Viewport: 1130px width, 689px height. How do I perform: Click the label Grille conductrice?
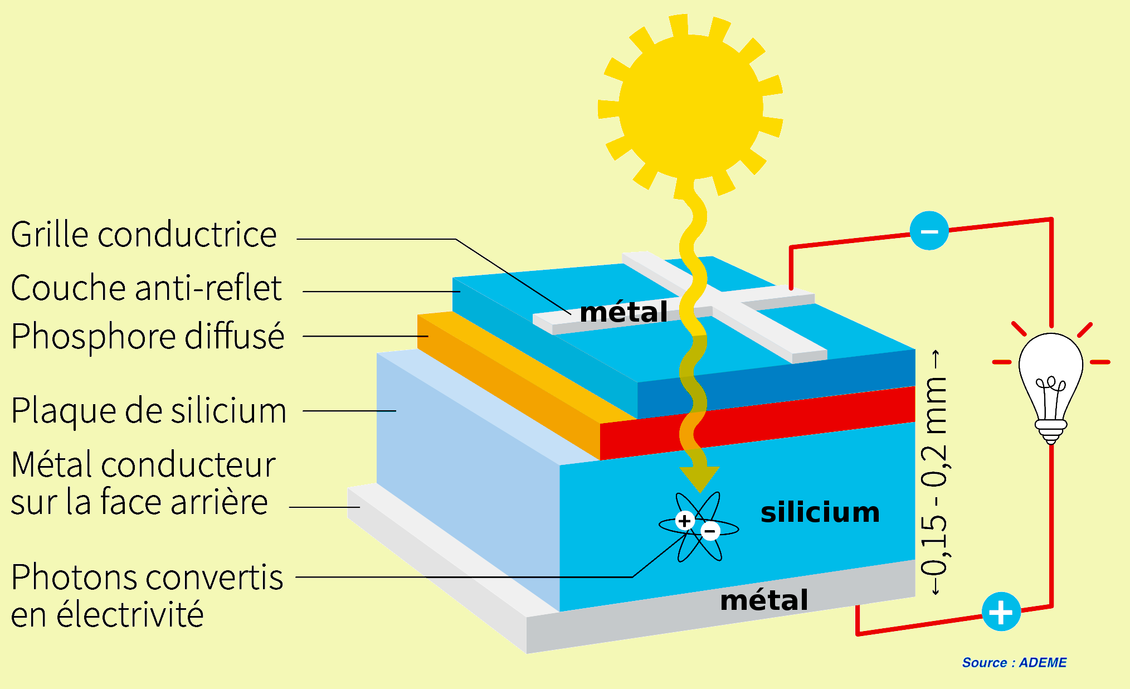144,235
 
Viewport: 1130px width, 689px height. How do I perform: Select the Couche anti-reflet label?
146,288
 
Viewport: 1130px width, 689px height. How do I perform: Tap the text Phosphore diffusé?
148,337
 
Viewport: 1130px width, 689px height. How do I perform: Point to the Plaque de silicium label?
148,411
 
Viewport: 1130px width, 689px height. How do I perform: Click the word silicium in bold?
820,512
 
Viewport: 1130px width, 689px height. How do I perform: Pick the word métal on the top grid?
624,312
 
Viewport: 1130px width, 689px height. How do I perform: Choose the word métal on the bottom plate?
764,601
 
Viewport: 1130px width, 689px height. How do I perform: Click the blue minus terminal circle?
929,231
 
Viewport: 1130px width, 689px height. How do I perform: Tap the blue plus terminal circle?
1001,612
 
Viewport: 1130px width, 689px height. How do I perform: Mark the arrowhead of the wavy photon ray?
699,478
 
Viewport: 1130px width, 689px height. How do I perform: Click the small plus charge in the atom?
685,521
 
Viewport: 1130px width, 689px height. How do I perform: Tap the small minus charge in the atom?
710,531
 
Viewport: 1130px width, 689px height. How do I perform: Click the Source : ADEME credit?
1014,663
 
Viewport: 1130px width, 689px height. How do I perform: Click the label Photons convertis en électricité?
147,595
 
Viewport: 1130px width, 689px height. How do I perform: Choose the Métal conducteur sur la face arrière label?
143,483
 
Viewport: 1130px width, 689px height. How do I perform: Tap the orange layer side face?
507,385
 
